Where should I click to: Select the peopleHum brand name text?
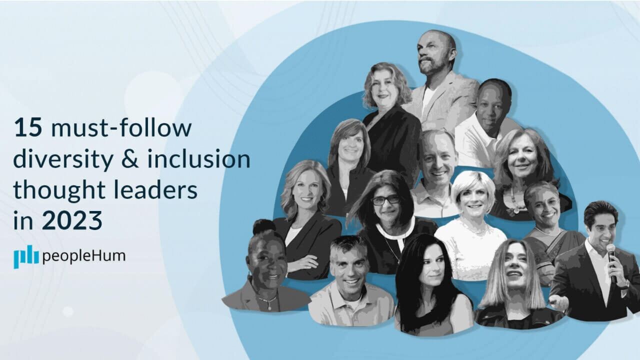pyautogui.click(x=84, y=256)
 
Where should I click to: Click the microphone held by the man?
pyautogui.click(x=611, y=252)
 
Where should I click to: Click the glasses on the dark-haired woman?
pyautogui.click(x=385, y=199)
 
